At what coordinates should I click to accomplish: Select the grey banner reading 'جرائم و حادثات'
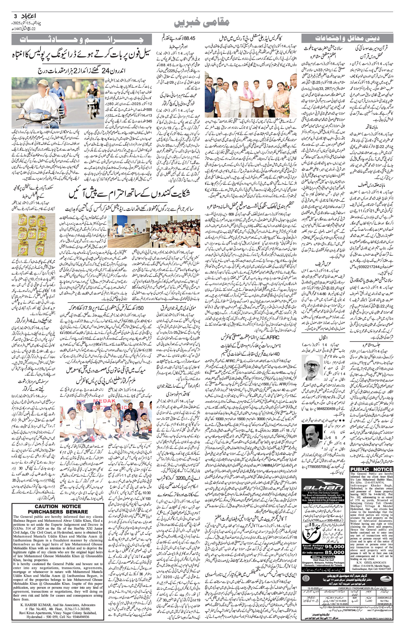coord(82,40)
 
